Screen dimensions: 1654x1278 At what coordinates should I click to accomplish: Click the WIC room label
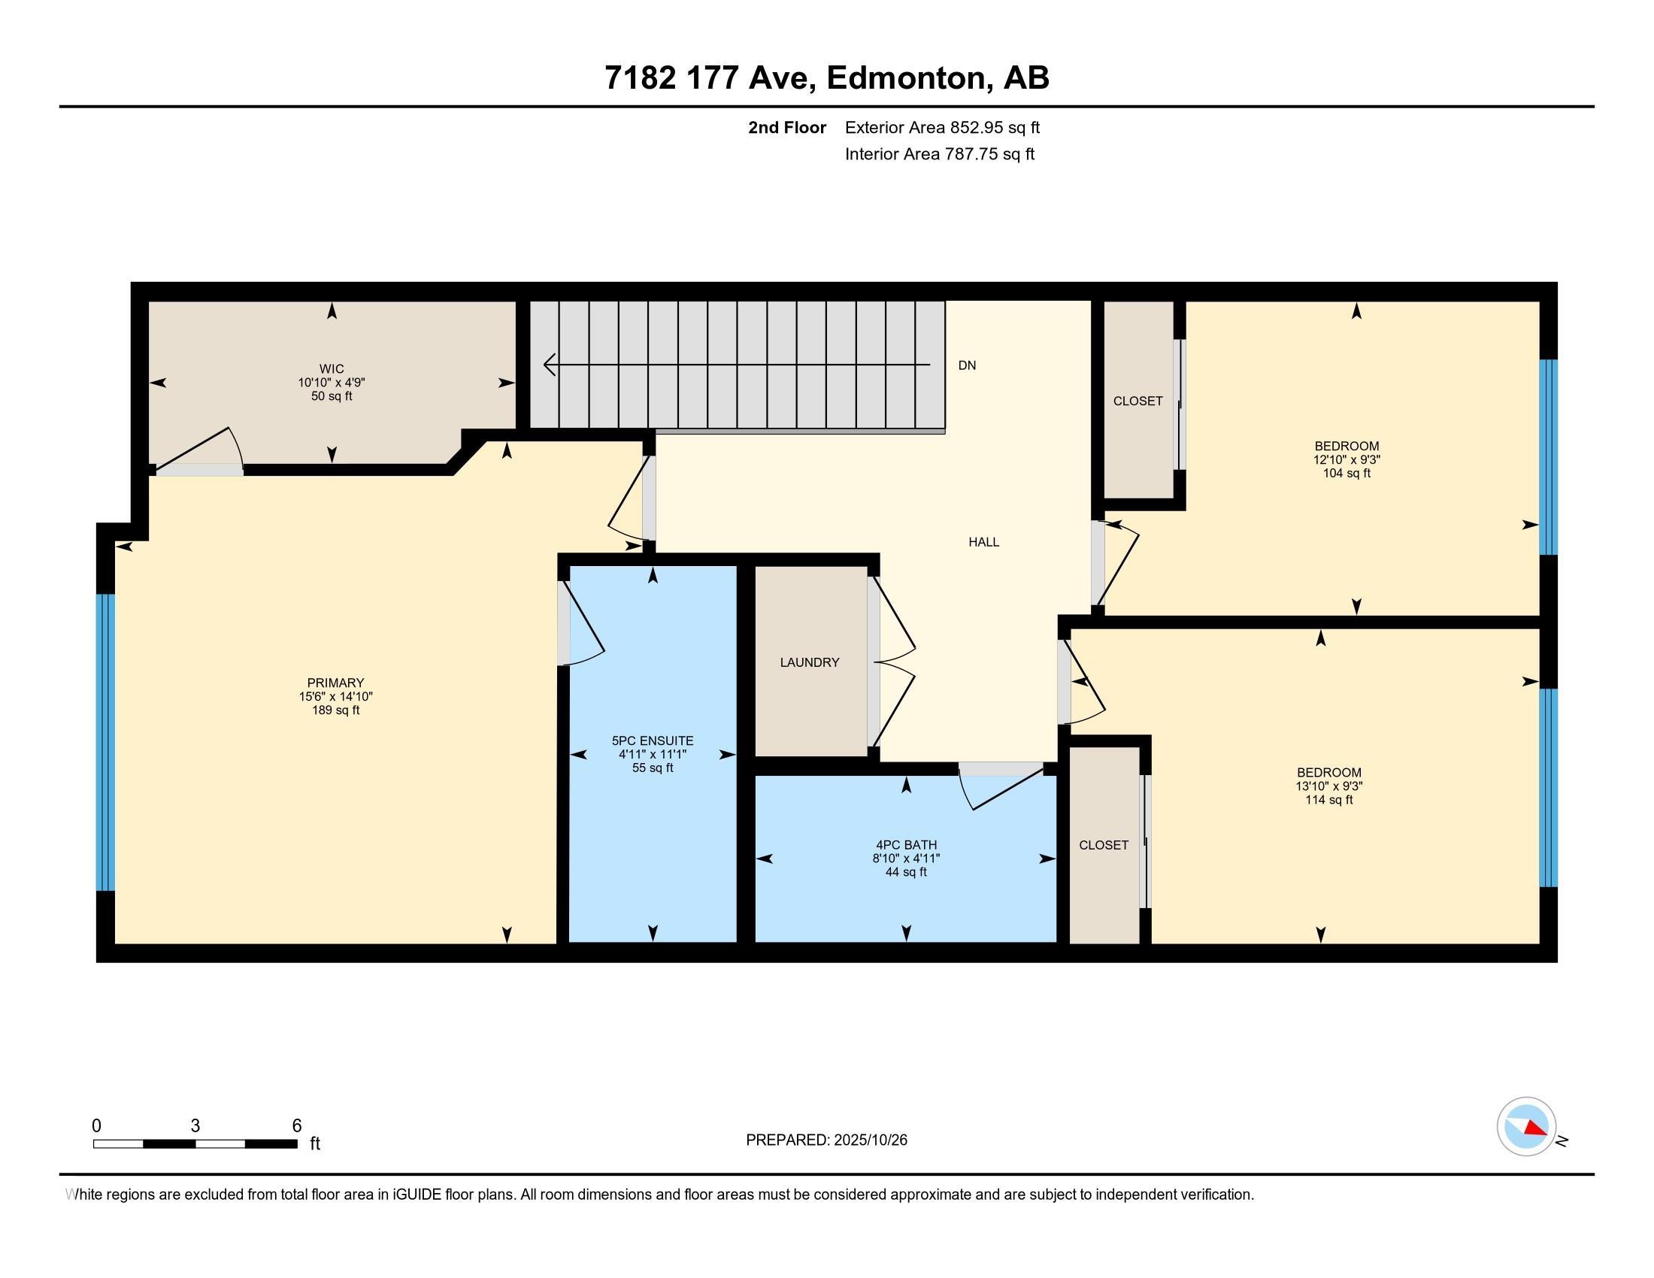[332, 368]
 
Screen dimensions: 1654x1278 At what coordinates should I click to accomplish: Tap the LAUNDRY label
[810, 662]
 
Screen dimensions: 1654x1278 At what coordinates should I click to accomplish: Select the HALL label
[984, 542]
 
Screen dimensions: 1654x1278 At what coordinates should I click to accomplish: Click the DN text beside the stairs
[967, 365]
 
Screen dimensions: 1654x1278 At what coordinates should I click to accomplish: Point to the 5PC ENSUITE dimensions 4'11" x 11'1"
[653, 754]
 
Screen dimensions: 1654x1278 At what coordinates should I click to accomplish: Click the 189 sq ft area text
[335, 710]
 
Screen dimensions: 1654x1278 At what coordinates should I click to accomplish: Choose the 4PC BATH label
[907, 845]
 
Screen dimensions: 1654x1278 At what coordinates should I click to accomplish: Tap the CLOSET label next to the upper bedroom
[1138, 401]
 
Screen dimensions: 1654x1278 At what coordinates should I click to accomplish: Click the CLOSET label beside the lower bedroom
[1104, 845]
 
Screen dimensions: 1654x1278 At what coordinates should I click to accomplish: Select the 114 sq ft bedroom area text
[1329, 800]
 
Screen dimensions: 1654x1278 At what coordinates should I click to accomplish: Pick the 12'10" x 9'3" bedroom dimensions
[1347, 459]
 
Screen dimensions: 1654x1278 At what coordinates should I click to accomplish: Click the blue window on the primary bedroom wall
[105, 742]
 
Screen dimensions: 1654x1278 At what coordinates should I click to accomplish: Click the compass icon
[1526, 1126]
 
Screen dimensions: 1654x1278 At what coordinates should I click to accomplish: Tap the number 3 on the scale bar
[195, 1126]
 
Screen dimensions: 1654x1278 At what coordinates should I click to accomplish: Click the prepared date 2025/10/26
[870, 1140]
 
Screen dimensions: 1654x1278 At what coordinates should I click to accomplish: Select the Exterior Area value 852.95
[980, 128]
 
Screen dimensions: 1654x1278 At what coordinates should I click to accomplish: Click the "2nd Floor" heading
[787, 128]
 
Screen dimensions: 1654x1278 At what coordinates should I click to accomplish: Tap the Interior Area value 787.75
[973, 154]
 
